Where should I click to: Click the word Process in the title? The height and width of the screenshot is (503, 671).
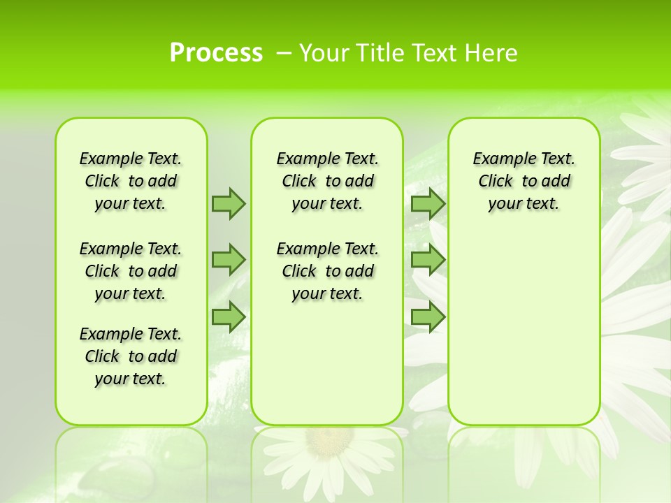point(216,53)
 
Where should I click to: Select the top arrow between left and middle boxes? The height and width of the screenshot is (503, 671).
point(228,203)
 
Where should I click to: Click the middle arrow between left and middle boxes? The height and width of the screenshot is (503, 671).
point(228,260)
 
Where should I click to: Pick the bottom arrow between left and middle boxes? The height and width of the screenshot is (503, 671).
point(228,317)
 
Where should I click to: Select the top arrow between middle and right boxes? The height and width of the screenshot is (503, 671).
point(428,203)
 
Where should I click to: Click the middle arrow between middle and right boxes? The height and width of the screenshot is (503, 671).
point(428,260)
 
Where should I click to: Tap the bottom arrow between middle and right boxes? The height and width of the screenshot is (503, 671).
point(428,317)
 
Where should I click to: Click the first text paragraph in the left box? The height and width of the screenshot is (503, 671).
point(131,181)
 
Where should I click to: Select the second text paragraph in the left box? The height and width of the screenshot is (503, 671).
point(131,271)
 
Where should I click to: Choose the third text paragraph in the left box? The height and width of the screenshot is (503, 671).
point(131,356)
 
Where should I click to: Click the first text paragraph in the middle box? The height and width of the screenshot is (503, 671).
point(327,181)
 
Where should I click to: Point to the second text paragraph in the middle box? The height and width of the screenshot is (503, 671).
point(327,271)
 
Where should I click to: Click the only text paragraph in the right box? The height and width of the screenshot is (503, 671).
point(524,181)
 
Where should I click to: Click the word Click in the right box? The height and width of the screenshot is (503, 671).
point(496,182)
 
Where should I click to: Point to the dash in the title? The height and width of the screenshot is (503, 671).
point(284,53)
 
